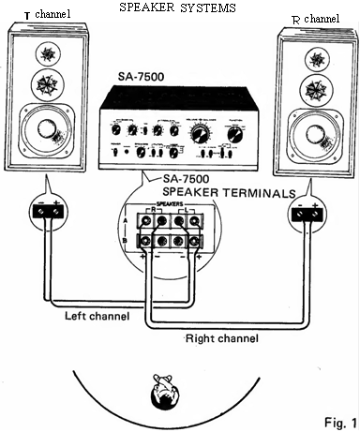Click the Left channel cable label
[97, 316]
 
